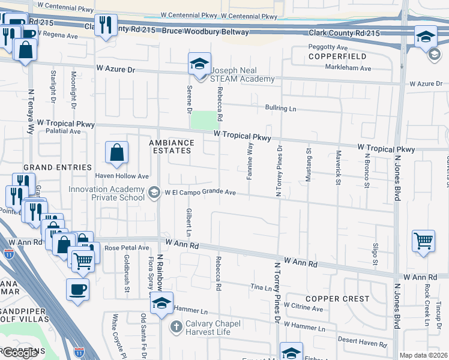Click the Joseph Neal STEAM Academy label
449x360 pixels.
tap(242, 74)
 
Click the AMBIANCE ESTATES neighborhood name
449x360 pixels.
tap(172, 146)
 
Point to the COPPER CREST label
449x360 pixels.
tap(337, 299)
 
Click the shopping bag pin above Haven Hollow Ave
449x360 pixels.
tap(116, 153)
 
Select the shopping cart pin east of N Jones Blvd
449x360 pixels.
tap(424, 242)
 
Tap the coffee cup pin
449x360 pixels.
tap(78, 290)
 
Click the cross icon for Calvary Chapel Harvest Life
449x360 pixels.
tap(176, 327)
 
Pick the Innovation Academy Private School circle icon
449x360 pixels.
tap(154, 193)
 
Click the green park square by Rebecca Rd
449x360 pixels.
tap(202, 120)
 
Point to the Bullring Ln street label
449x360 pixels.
tap(281, 108)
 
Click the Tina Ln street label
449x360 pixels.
tap(261, 288)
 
